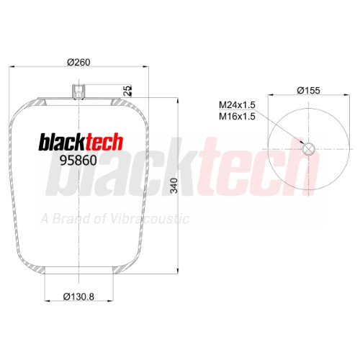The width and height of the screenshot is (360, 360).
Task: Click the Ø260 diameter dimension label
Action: (78, 62)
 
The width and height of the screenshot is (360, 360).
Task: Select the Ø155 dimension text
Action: (309, 91)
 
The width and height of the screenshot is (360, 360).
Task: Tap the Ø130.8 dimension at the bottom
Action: (78, 297)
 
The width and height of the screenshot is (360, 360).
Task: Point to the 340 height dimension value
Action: (174, 186)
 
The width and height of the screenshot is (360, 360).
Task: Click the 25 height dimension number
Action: (127, 91)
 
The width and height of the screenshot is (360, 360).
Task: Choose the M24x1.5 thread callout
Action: (237, 105)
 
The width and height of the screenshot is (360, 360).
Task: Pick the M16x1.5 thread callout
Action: (237, 117)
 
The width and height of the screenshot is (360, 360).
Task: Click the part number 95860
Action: (78, 161)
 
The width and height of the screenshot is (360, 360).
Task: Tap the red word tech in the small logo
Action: (104, 142)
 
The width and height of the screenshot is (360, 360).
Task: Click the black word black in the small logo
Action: (63, 142)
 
